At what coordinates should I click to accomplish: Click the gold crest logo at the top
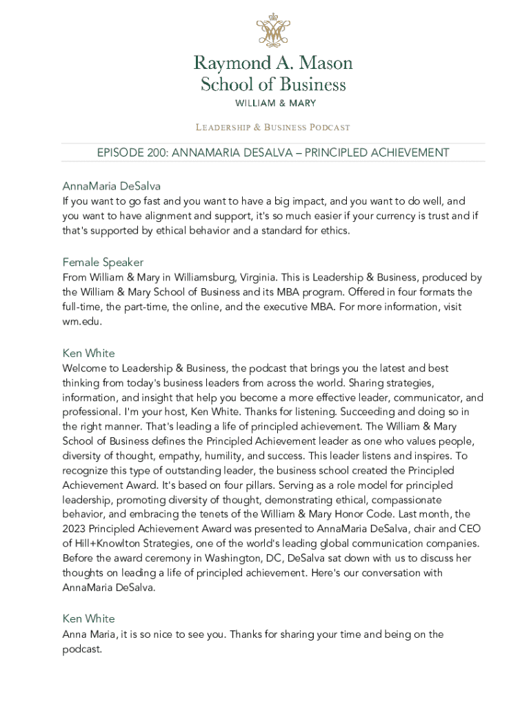(x=272, y=30)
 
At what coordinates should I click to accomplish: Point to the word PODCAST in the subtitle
(x=330, y=128)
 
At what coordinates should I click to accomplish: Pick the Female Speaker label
(x=103, y=262)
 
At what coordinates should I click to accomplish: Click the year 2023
(x=76, y=529)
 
